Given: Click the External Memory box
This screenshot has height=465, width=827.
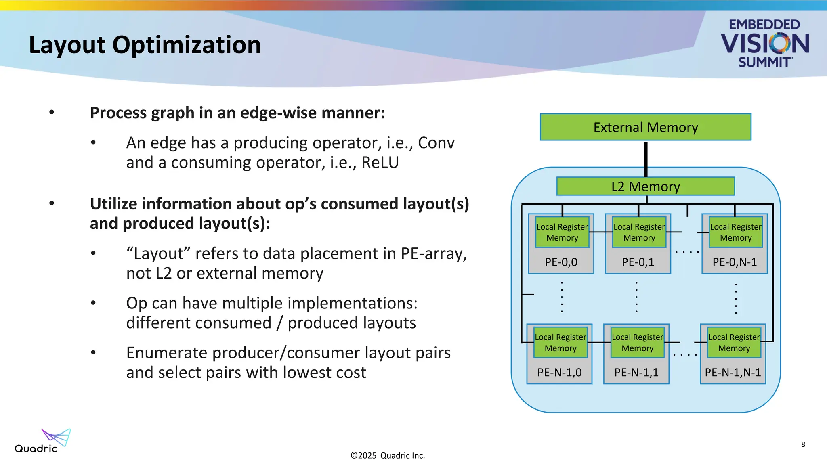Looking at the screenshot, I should click(645, 127).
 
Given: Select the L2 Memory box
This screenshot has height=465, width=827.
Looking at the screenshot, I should click(645, 186).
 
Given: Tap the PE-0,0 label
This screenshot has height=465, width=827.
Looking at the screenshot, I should click(561, 262).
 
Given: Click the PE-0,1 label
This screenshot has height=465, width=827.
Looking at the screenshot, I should click(638, 262).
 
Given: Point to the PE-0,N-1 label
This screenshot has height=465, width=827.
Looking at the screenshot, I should click(734, 262).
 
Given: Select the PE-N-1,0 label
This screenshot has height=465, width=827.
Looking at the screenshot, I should click(559, 373).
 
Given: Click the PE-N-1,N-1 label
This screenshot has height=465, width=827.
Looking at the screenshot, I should click(733, 373).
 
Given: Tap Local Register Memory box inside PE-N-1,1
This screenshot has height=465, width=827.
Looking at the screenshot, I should click(637, 343).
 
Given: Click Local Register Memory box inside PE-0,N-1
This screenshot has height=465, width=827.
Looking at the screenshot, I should click(735, 232).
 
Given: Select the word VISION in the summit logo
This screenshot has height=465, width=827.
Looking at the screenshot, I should click(764, 44).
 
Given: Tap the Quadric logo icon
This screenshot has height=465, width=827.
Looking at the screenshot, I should click(57, 437).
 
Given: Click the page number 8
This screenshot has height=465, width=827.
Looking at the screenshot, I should click(803, 444).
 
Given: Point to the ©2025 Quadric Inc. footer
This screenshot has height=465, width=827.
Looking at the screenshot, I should click(387, 456).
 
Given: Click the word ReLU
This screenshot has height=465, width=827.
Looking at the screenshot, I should click(380, 163).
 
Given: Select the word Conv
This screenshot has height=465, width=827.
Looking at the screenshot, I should click(436, 143).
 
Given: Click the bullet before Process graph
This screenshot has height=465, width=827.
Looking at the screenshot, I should click(52, 112).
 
